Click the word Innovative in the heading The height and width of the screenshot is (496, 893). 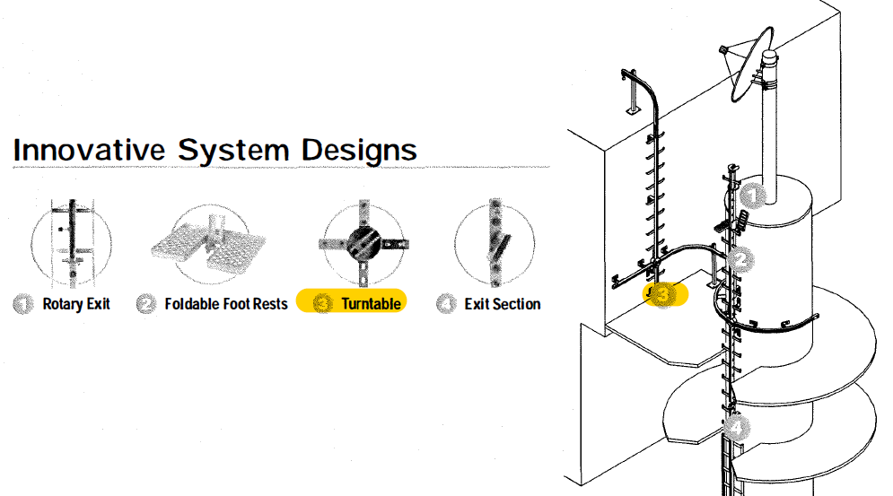pos(89,150)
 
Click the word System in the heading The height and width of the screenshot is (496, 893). pos(233,152)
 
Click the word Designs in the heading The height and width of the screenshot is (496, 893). pos(359,152)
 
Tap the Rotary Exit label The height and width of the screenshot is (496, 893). pos(76,304)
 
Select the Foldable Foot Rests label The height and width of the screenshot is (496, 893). pos(226,304)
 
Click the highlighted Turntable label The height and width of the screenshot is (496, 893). pos(371,304)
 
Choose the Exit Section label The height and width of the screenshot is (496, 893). pos(503,304)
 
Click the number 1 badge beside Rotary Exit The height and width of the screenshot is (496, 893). pos(23,304)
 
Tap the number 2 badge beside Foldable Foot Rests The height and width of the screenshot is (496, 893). pos(146,304)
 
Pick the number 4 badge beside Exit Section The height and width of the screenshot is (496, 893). pos(446,304)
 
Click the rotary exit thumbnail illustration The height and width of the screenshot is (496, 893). pos(72,244)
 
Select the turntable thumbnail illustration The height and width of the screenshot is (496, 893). pos(363,244)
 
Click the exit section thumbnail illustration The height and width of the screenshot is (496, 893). pos(495,242)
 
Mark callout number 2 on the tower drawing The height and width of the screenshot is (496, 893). pos(741,261)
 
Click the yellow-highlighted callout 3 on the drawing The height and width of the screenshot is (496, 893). pos(663,295)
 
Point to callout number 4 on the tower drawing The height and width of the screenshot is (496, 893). pos(737,427)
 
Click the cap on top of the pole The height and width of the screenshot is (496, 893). pos(769,57)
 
